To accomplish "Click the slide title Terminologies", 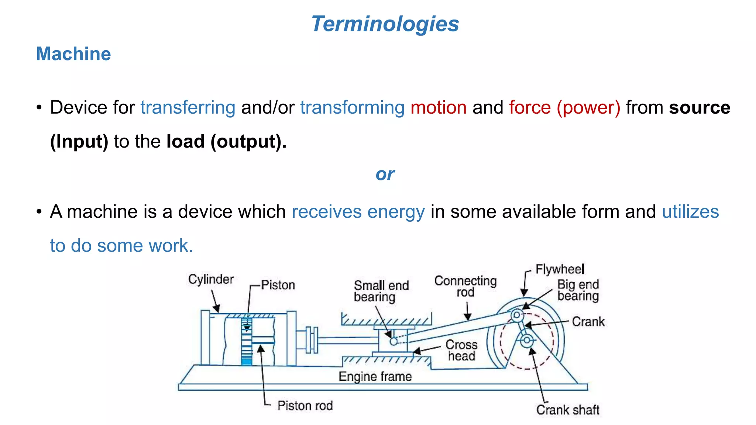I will tap(385, 24).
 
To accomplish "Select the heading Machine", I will tap(73, 54).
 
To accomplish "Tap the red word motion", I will tap(439, 107).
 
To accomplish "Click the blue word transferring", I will tap(188, 107).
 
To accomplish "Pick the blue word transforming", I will tap(352, 107).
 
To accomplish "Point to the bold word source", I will tap(700, 107).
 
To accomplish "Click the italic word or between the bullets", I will tap(385, 174).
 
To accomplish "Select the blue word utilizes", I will tap(690, 212).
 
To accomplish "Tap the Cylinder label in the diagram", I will tap(211, 279).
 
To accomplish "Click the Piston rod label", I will tap(305, 405).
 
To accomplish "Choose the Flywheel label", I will tap(560, 269).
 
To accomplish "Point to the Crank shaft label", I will tap(568, 410).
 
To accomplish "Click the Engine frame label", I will tap(375, 376).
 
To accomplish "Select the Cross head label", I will tap(461, 350).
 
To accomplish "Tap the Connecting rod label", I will tap(465, 286).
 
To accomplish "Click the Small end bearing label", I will tap(381, 291).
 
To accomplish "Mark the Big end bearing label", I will tap(578, 290).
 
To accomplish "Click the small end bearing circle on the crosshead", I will tap(394, 341).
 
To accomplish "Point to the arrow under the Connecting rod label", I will tap(467, 312).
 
